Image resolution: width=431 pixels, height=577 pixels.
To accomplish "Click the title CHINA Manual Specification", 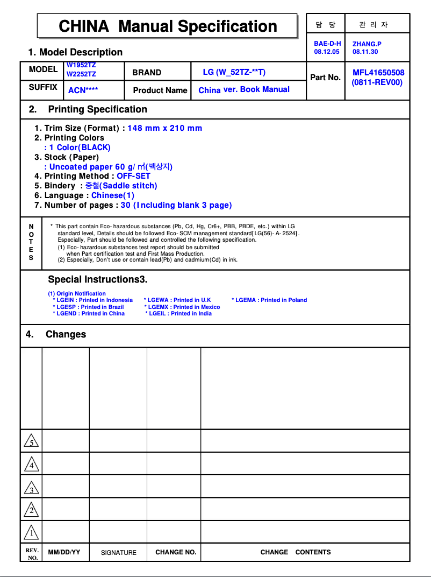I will [x=168, y=26].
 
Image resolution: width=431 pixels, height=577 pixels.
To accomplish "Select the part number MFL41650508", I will [x=378, y=73].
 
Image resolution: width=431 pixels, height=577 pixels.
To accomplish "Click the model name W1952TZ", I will [x=81, y=65].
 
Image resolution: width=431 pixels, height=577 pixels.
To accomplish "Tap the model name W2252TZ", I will [x=81, y=74].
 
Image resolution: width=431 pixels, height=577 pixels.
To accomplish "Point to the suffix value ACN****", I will [x=83, y=90].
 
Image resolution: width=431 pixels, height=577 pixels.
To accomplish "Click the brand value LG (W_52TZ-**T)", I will [x=234, y=72].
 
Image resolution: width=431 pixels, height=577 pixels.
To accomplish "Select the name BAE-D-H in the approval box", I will [x=327, y=44].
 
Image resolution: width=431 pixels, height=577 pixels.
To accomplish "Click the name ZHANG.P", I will [x=367, y=44].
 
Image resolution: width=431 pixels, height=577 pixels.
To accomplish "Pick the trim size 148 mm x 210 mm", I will [x=164, y=128].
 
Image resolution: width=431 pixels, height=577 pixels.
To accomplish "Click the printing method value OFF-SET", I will [x=133, y=176].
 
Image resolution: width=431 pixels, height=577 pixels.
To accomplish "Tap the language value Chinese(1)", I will [x=113, y=195].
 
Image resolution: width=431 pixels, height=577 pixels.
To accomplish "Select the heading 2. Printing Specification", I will [x=88, y=109].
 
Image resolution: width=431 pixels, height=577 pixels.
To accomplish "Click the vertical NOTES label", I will [x=31, y=242].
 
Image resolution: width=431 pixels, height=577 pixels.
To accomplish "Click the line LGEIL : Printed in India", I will [x=178, y=314].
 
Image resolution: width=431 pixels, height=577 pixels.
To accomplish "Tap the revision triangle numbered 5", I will [x=31, y=441].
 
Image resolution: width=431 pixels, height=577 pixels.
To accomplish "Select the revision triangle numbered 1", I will [x=31, y=532].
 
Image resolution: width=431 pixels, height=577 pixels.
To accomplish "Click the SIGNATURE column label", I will [x=119, y=553].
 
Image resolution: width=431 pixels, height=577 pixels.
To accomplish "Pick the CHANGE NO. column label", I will [x=176, y=552].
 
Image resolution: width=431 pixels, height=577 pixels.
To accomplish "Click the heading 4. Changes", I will [x=56, y=334].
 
